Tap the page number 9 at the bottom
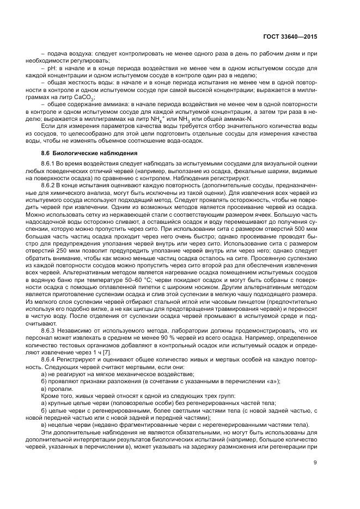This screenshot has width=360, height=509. click(x=316, y=462)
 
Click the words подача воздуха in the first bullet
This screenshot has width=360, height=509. click(x=68, y=54)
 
